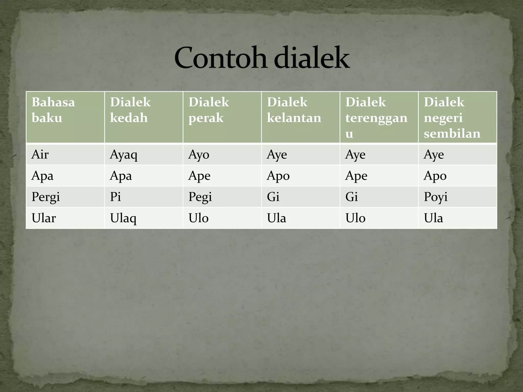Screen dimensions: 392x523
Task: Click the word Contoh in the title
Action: pyautogui.click(x=221, y=58)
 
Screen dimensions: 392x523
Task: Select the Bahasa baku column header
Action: pyautogui.click(x=53, y=110)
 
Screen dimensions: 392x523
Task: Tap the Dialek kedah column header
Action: pyautogui.click(x=130, y=110)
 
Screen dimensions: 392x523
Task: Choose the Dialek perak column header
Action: pyautogui.click(x=209, y=110)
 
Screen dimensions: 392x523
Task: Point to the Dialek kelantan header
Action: pyautogui.click(x=294, y=110)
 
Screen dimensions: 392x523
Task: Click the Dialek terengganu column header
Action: pyautogui.click(x=376, y=117)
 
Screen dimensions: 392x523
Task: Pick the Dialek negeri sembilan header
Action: pyautogui.click(x=452, y=117)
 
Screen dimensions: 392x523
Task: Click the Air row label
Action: pyautogui.click(x=40, y=155)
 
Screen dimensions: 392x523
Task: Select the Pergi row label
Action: pyautogui.click(x=46, y=197)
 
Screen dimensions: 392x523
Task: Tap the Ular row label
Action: pyautogui.click(x=44, y=218)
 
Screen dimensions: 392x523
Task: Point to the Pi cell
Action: pyautogui.click(x=115, y=197)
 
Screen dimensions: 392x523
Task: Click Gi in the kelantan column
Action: pyautogui.click(x=273, y=197)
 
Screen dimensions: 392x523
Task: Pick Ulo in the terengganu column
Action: pyautogui.click(x=355, y=218)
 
